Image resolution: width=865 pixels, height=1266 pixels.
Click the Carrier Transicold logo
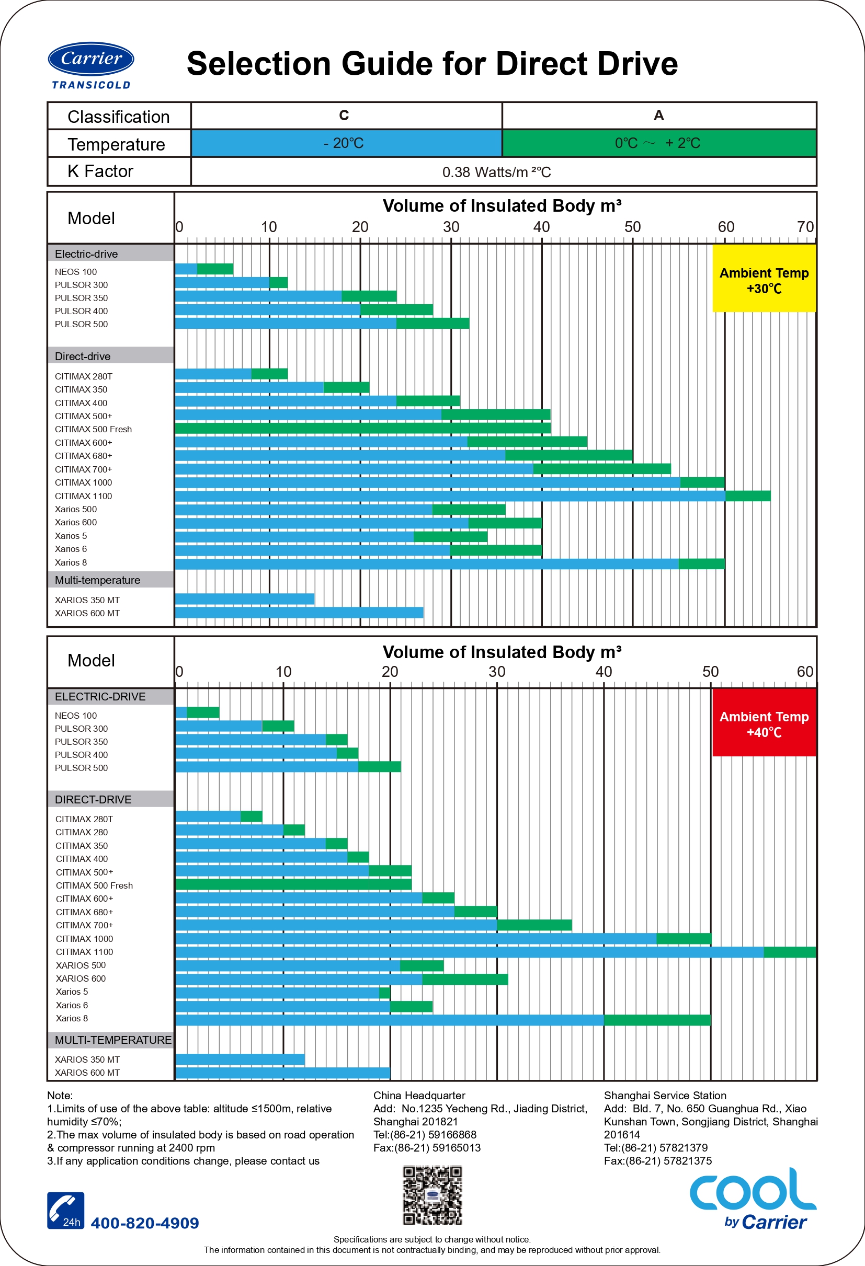[x=91, y=65]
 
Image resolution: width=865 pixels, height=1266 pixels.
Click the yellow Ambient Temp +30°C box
[x=764, y=278]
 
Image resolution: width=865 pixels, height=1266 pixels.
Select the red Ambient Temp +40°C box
[x=764, y=722]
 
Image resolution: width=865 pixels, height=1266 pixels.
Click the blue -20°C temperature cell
[x=346, y=143]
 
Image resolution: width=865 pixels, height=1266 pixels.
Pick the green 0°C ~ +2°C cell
[x=658, y=143]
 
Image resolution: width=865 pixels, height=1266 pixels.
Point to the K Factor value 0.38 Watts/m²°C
[x=496, y=172]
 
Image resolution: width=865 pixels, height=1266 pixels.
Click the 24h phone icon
[x=65, y=1211]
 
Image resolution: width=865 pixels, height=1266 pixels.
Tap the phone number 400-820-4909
[x=145, y=1223]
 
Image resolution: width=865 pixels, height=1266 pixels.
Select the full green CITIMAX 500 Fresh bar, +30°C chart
[x=362, y=428]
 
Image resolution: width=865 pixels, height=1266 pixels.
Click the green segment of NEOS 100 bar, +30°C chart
[x=215, y=269]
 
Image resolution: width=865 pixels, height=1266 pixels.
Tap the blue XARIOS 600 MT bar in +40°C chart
[x=283, y=1073]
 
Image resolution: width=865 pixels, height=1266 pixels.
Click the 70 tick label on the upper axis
[x=805, y=227]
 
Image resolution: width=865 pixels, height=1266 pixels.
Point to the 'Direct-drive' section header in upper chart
[x=83, y=356]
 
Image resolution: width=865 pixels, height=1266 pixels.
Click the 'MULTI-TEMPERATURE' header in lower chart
[x=113, y=1040]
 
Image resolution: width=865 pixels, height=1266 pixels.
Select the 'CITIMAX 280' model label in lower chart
[x=82, y=832]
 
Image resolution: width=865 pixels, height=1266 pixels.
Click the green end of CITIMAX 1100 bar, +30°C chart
[x=748, y=496]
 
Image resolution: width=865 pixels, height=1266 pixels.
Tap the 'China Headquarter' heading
[x=419, y=1096]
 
